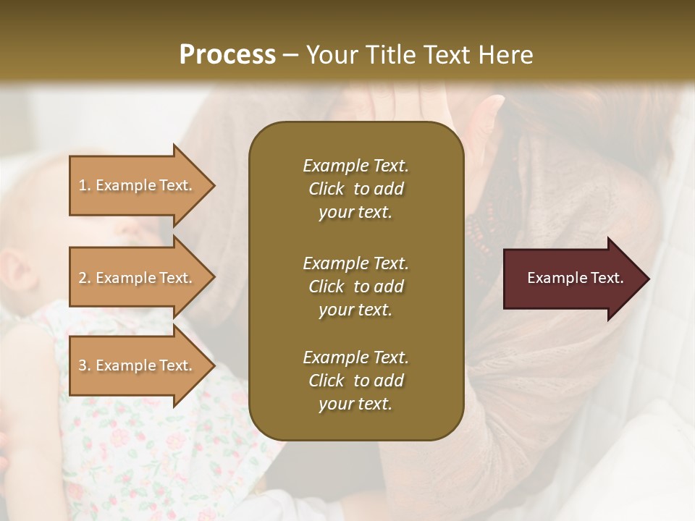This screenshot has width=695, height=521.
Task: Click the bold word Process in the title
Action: click(227, 54)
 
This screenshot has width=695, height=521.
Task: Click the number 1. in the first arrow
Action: click(85, 185)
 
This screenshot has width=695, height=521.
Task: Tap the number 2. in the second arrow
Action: click(85, 278)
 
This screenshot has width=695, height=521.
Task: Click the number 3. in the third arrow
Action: click(85, 365)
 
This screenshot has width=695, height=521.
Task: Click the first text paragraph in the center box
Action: click(355, 189)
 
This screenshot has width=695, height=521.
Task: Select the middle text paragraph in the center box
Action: click(355, 287)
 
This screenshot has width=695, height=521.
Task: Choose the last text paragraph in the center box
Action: click(355, 381)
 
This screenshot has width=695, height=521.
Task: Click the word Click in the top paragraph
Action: click(326, 189)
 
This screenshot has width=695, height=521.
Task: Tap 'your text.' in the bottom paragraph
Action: click(355, 404)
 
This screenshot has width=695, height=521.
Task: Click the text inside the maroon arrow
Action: click(576, 278)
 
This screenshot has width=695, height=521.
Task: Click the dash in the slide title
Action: click(291, 55)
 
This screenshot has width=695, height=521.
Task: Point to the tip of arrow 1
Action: click(214, 185)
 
